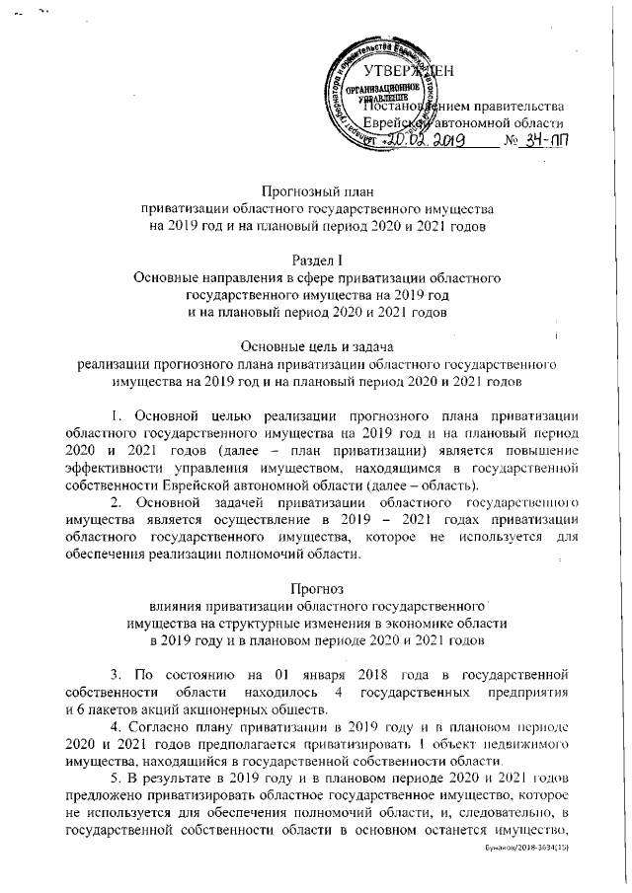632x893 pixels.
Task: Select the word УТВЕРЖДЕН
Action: click(409, 72)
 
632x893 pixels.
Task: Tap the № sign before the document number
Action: click(511, 142)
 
